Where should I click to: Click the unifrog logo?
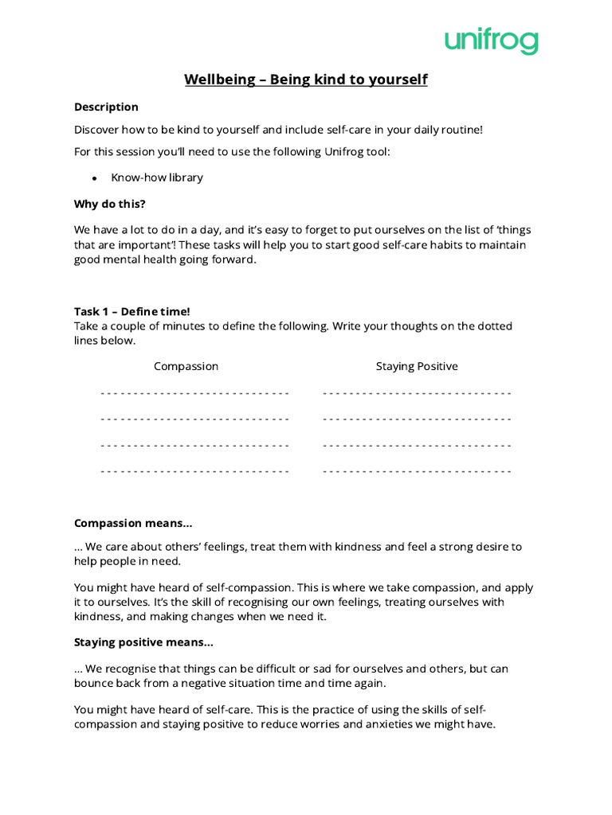click(491, 41)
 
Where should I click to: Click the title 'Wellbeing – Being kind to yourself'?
click(306, 80)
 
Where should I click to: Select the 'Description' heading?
click(106, 107)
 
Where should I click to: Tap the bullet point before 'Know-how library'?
click(95, 177)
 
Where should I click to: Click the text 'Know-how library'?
click(157, 177)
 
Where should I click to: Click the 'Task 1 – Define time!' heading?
click(132, 311)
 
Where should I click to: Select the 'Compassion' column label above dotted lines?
click(186, 366)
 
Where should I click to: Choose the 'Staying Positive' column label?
click(417, 366)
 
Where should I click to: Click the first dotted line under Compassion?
click(195, 393)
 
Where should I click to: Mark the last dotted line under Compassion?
click(195, 471)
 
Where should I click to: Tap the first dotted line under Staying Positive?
click(417, 393)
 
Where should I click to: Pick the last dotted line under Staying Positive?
click(417, 471)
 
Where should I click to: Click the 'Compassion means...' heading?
click(133, 523)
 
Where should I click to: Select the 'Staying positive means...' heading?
click(143, 641)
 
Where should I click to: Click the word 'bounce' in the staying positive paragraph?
click(94, 684)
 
